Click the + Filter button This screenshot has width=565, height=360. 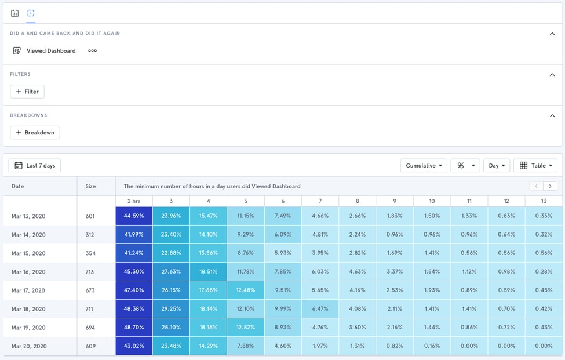[27, 92]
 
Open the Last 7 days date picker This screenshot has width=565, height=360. [35, 165]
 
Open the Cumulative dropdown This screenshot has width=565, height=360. [424, 165]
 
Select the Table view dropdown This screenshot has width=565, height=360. [535, 165]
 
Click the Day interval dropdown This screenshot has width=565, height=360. [497, 165]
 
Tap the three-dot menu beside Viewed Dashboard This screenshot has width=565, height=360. [92, 51]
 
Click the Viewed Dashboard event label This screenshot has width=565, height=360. [51, 51]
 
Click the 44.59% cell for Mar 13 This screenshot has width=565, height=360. [134, 216]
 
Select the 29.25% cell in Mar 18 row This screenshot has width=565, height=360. [171, 309]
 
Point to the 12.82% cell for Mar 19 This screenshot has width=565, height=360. [246, 328]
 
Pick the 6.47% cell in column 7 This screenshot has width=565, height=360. [320, 309]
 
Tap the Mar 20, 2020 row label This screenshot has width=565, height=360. [28, 346]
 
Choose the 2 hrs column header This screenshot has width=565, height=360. [134, 201]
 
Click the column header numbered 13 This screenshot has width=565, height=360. [543, 201]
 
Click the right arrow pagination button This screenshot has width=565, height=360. [550, 186]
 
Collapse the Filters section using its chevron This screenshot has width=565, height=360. [552, 75]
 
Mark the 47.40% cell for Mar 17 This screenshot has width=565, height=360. [134, 290]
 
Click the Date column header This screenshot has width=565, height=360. [18, 186]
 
